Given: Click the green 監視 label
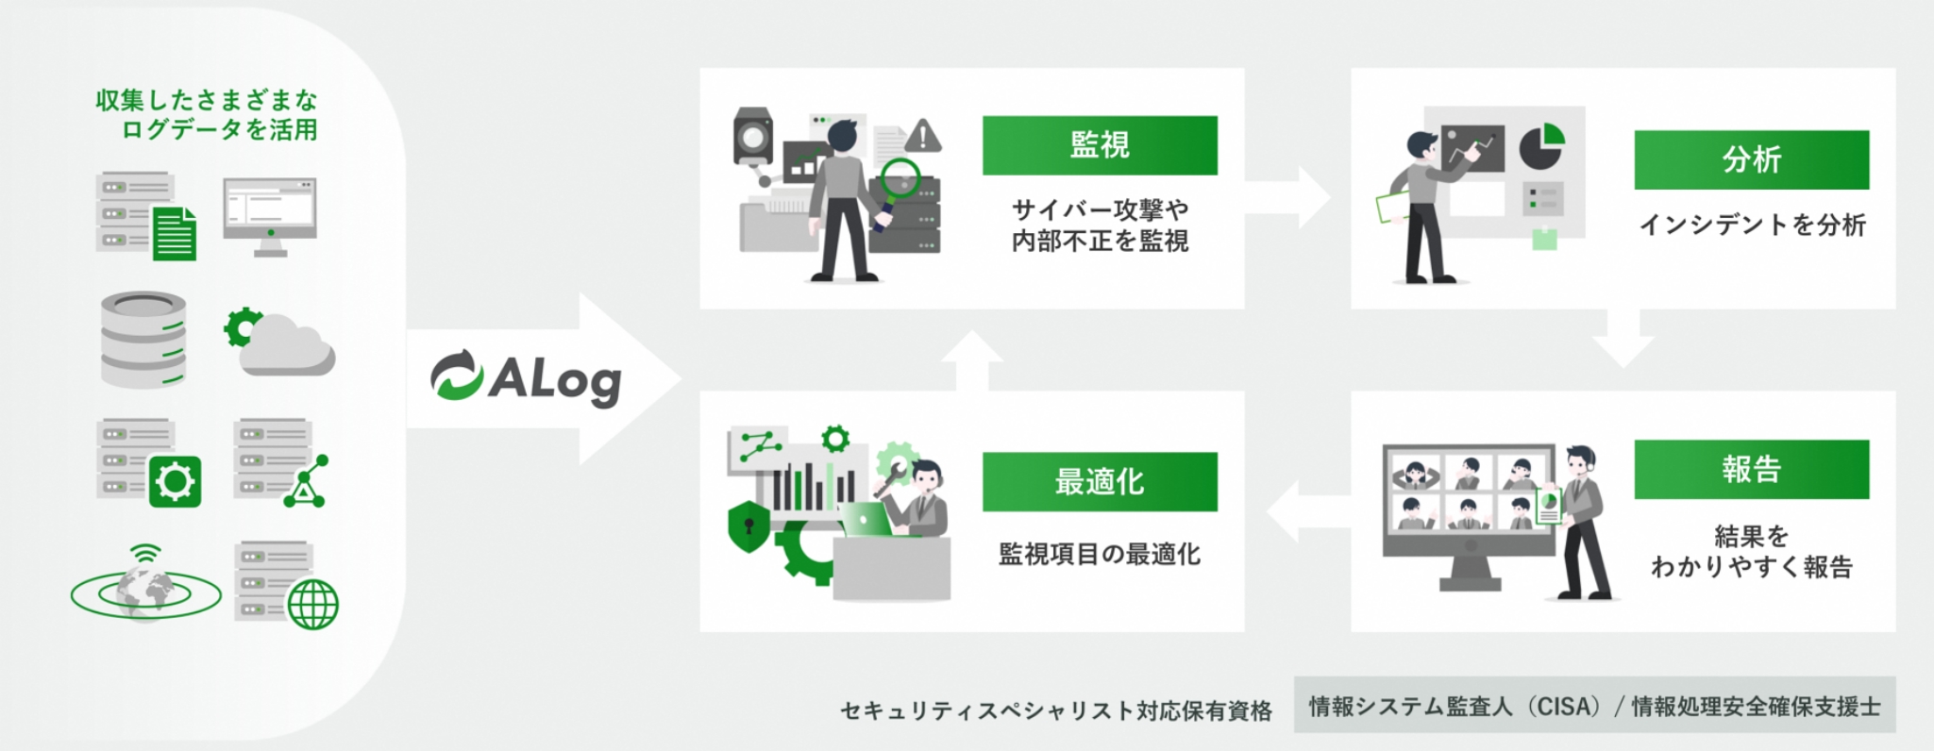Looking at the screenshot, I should [1100, 145].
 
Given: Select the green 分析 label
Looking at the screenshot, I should [1751, 159].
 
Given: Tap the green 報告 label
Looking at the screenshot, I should [1751, 469].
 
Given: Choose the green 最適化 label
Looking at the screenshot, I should [1100, 482].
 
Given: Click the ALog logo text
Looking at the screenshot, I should [554, 380].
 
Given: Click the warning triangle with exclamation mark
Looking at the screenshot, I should [922, 137].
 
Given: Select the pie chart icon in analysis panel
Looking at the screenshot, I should [1540, 147].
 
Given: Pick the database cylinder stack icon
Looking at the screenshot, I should [143, 339].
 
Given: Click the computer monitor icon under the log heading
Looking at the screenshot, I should [270, 216].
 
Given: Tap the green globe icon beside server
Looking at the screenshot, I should [312, 604].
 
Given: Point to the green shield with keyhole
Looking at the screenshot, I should [748, 525].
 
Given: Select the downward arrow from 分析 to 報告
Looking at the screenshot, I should [1623, 342].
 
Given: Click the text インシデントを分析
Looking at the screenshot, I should [1752, 225].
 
